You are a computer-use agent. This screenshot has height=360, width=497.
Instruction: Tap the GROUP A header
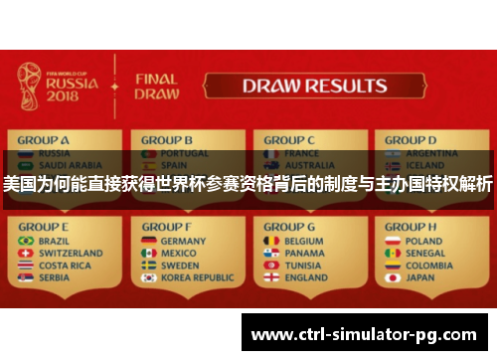click(x=44, y=140)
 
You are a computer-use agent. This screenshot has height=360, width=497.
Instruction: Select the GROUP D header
click(x=411, y=140)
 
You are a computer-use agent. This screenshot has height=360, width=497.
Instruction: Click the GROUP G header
click(x=290, y=227)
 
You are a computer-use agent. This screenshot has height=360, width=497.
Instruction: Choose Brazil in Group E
click(x=55, y=241)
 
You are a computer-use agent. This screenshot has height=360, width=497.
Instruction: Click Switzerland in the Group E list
click(x=69, y=254)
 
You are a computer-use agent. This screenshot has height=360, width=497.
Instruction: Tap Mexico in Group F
click(x=178, y=254)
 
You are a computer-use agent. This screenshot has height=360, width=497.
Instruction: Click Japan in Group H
click(x=420, y=278)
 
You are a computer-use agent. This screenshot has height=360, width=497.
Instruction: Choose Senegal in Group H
click(x=424, y=254)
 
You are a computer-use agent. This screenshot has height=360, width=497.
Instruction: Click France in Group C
click(x=299, y=154)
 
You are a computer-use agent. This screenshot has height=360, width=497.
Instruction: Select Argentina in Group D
click(x=429, y=154)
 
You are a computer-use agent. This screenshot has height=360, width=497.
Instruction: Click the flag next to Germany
click(x=148, y=241)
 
